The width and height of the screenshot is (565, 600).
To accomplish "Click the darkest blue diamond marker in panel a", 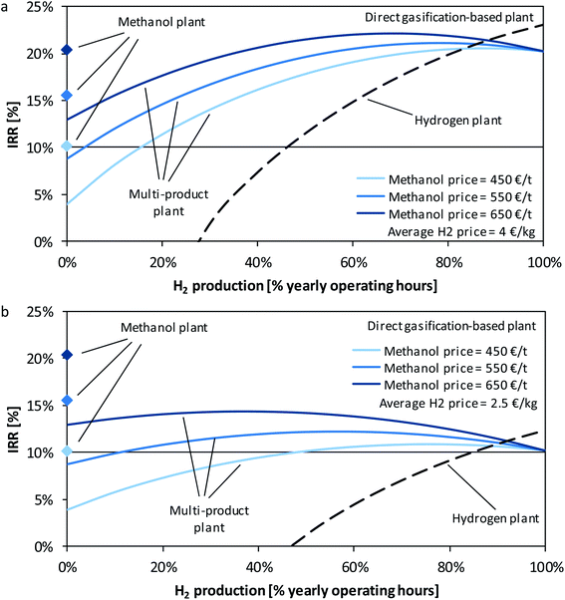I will (67, 49).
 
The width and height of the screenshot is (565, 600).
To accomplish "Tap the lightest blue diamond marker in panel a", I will (67, 147).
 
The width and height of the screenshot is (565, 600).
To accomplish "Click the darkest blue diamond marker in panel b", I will (67, 355).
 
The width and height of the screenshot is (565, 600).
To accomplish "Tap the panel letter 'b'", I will (7, 311).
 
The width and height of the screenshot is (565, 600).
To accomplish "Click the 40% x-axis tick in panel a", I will (257, 261).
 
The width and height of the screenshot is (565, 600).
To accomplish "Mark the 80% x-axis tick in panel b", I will (448, 566).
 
